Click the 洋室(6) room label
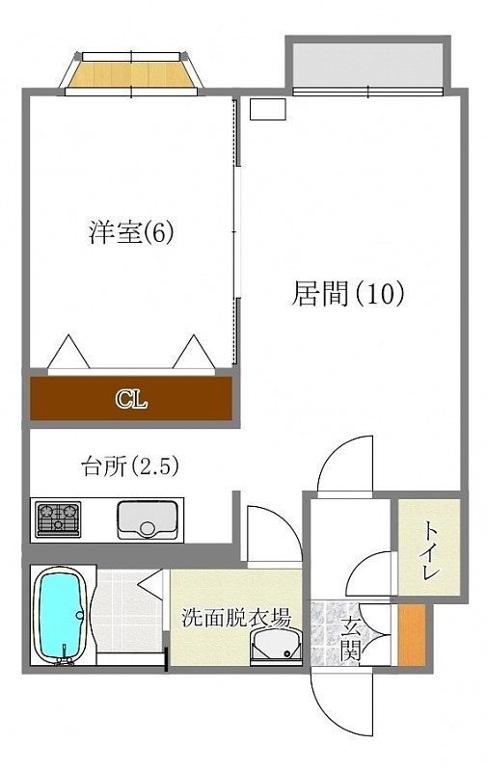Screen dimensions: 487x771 coord(131,232)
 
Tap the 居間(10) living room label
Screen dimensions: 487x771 coord(348,294)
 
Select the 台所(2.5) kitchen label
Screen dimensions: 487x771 coord(129,466)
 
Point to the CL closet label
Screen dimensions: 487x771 coord(131,399)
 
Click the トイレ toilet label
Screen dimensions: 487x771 coord(430,549)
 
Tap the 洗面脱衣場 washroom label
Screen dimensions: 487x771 coord(236,618)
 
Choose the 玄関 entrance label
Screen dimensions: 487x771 coord(351,638)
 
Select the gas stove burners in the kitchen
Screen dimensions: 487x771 coord(59,518)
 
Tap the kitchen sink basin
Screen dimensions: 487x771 coord(148,519)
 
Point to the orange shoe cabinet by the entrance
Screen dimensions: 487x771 coord(412,634)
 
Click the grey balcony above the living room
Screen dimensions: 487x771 coord(368,65)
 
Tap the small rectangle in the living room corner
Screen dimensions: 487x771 coord(267,109)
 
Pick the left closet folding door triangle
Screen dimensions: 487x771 coord(68,352)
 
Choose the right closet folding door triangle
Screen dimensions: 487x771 coord(194,352)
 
